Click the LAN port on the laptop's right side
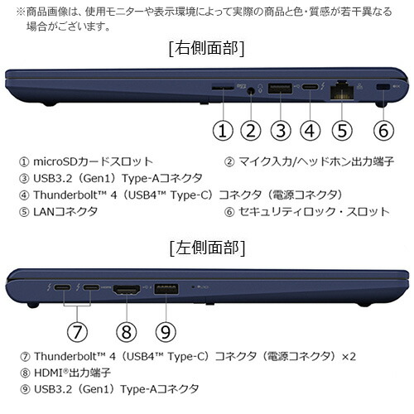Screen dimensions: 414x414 (x=340, y=87)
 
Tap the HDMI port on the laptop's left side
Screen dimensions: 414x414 (x=126, y=288)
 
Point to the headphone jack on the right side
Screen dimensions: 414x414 (x=252, y=87)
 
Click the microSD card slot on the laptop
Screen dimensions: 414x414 (x=222, y=86)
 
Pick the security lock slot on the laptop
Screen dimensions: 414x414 (x=383, y=87)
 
